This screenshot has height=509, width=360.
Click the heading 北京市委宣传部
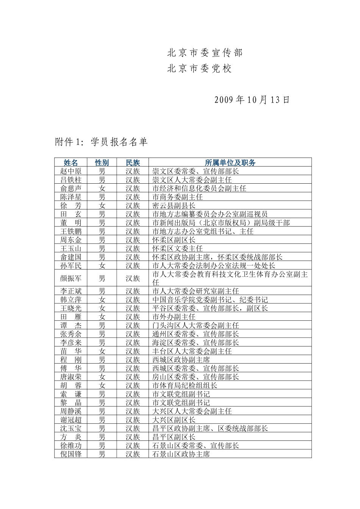pos(205,53)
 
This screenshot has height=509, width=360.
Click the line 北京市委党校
pos(199,69)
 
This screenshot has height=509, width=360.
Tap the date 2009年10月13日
pos(252,100)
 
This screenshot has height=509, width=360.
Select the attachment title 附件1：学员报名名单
pos(101,142)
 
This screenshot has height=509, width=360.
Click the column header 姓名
pos(71,162)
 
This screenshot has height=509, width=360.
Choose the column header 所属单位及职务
pos(230,162)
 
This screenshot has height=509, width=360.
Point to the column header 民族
pos(133,162)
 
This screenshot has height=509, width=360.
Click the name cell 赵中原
pos(71,171)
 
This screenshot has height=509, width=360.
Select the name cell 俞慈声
pos(71,188)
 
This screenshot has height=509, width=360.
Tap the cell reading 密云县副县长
pos(174,205)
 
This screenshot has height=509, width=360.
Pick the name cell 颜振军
pos(71,278)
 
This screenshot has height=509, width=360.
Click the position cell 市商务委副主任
pos(177,197)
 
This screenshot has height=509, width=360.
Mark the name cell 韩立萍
pos(71,300)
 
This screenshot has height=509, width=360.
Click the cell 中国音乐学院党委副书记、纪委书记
pos(210,300)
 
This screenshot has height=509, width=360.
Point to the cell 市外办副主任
pos(174,317)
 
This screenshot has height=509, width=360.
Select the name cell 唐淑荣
pos(71,377)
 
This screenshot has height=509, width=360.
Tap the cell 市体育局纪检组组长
pos(185,385)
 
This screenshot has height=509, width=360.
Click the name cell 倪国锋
pos(71,454)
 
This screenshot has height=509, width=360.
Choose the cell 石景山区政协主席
pos(181,454)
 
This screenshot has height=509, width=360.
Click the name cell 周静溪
pos(71,411)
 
